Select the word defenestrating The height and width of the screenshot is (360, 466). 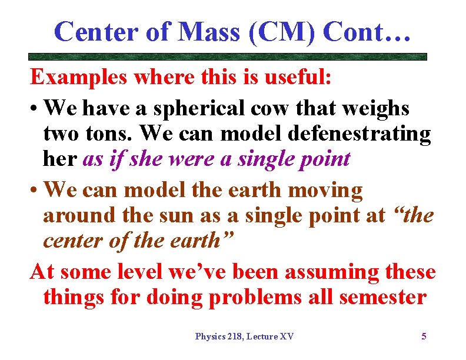[360, 134]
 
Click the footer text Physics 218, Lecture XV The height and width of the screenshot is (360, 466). [244, 336]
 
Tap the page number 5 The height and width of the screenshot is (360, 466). [424, 336]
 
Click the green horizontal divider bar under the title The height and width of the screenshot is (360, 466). [228, 57]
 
